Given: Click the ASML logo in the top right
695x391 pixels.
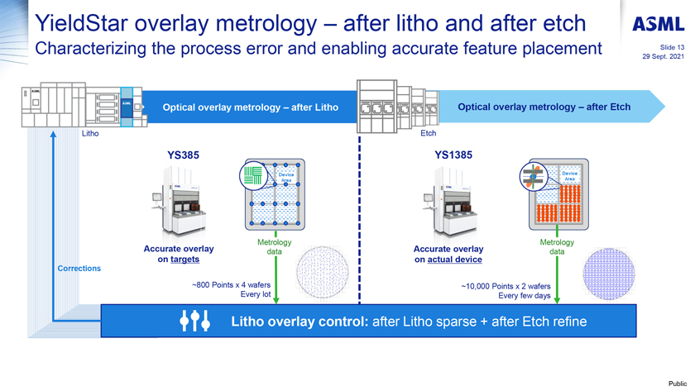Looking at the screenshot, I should tap(659, 25).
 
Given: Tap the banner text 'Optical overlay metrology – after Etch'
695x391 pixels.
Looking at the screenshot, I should tap(544, 107).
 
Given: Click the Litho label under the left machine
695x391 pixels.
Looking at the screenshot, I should tap(91, 131).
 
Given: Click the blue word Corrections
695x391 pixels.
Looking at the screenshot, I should tap(79, 268).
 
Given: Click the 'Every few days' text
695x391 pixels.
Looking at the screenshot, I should tap(524, 295).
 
